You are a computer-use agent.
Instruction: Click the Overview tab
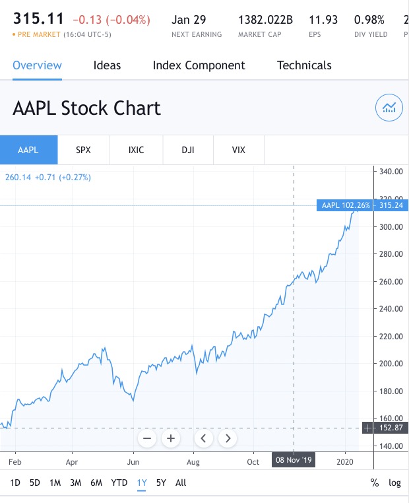click(37, 65)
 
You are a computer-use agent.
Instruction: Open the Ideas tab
click(107, 65)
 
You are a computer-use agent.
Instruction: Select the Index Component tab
click(199, 65)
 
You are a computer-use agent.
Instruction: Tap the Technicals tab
click(304, 65)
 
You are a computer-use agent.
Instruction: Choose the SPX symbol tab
click(83, 150)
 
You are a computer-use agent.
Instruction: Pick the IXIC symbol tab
click(135, 150)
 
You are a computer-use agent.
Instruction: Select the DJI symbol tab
click(188, 150)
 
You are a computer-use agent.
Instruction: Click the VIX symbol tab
click(239, 150)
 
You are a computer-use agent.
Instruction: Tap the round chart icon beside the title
click(389, 108)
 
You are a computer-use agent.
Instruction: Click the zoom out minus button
click(147, 438)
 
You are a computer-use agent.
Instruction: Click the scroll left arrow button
click(204, 438)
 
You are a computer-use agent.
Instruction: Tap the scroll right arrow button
click(228, 438)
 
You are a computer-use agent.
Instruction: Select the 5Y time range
click(161, 483)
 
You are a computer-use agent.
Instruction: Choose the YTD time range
click(119, 483)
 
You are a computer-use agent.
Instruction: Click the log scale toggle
click(394, 483)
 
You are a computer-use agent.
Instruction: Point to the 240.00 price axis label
click(391, 309)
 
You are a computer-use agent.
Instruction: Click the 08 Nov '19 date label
click(294, 460)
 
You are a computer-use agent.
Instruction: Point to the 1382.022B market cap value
click(265, 20)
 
